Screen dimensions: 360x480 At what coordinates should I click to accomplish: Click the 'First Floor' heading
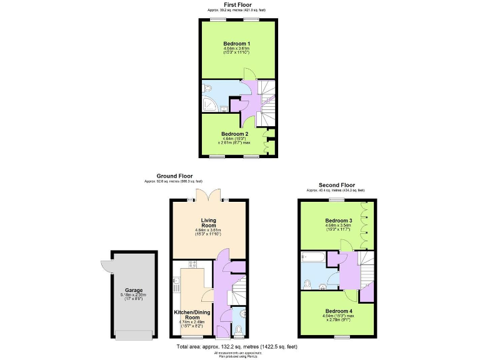(240, 4)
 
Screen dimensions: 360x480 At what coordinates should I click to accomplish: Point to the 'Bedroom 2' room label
(236, 133)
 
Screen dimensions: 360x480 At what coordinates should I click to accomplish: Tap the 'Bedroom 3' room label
(339, 221)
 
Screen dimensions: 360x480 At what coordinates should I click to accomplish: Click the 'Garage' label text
(133, 290)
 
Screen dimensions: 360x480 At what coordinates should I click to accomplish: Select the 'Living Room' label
(209, 223)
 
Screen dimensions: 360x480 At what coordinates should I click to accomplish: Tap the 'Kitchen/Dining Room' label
(192, 314)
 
